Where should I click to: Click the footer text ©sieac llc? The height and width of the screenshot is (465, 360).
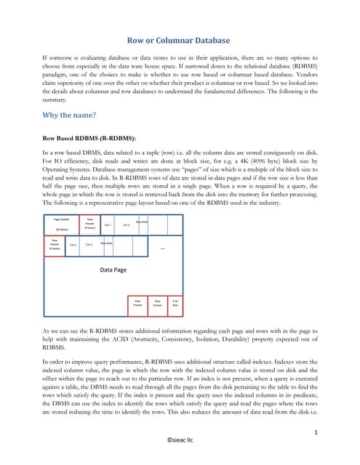180,440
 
